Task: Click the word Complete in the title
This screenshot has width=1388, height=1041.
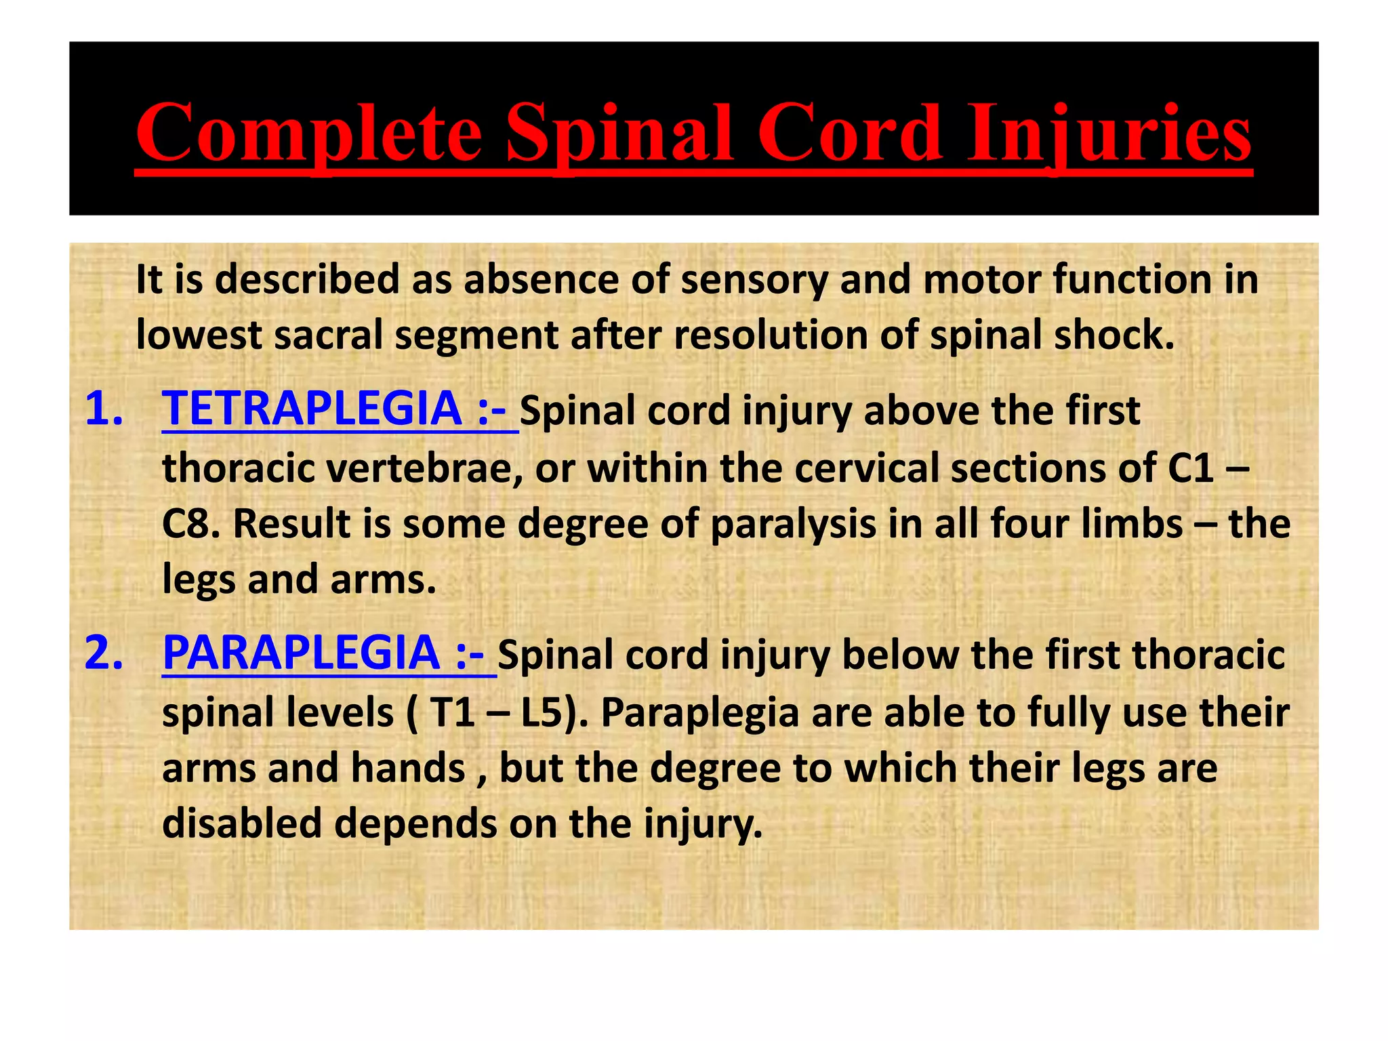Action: (x=308, y=134)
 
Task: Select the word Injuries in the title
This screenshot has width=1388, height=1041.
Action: (x=1109, y=134)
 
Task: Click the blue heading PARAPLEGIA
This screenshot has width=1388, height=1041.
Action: (x=301, y=653)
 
